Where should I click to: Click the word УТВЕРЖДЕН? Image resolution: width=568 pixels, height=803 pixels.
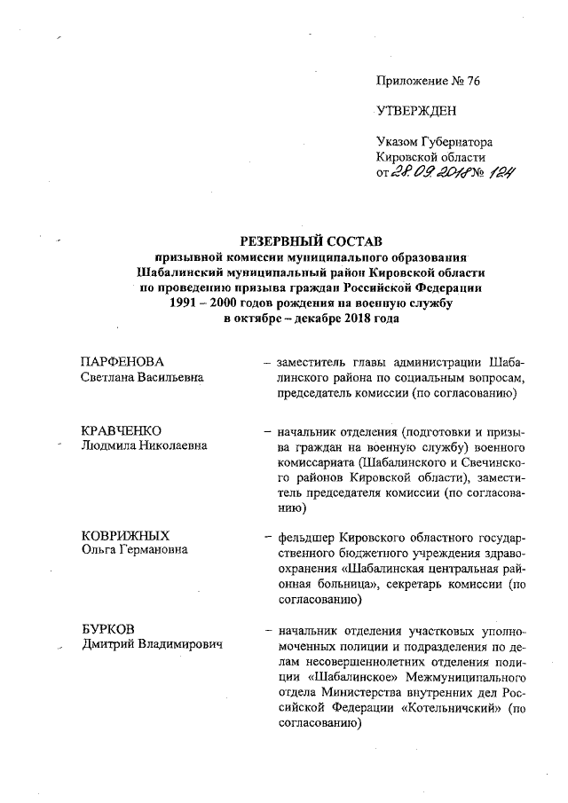click(416, 110)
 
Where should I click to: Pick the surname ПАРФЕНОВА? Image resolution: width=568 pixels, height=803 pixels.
click(122, 362)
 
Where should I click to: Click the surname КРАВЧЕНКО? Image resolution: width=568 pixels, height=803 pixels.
click(120, 431)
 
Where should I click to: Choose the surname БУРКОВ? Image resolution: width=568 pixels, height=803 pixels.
click(106, 628)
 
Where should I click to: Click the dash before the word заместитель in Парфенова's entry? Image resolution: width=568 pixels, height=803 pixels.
click(267, 362)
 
